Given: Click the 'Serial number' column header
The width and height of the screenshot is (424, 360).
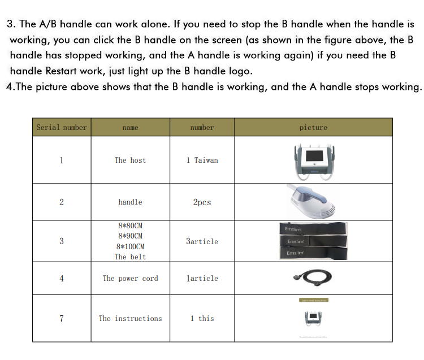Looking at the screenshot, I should tap(62, 128).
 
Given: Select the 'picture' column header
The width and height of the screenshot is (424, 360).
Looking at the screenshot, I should tap(313, 128).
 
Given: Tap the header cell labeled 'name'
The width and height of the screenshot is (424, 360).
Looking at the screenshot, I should tap(130, 128).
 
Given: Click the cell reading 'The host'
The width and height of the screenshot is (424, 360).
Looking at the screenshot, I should tap(130, 161).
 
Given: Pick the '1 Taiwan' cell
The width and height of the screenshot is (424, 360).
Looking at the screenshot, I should tap(202, 161).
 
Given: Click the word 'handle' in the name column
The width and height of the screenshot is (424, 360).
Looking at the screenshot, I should tap(130, 202).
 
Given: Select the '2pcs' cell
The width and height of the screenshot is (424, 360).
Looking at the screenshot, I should tap(202, 202).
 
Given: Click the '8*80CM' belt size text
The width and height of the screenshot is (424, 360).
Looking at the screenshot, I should tap(130, 225).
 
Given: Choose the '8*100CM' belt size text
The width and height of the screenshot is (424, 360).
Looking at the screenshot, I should tap(130, 247).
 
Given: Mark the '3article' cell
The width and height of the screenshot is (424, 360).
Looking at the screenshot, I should tap(202, 241).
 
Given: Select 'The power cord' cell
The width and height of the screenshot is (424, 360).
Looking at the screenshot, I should tap(130, 279).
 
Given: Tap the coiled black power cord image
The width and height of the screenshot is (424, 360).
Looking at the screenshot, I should tap(313, 278).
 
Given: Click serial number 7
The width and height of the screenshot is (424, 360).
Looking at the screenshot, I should tap(62, 319).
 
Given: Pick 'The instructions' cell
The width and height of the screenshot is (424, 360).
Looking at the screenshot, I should tap(130, 319).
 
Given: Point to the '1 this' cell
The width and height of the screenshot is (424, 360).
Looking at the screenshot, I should tap(202, 319).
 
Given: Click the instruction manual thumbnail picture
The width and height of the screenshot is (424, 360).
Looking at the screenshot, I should tap(313, 318).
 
